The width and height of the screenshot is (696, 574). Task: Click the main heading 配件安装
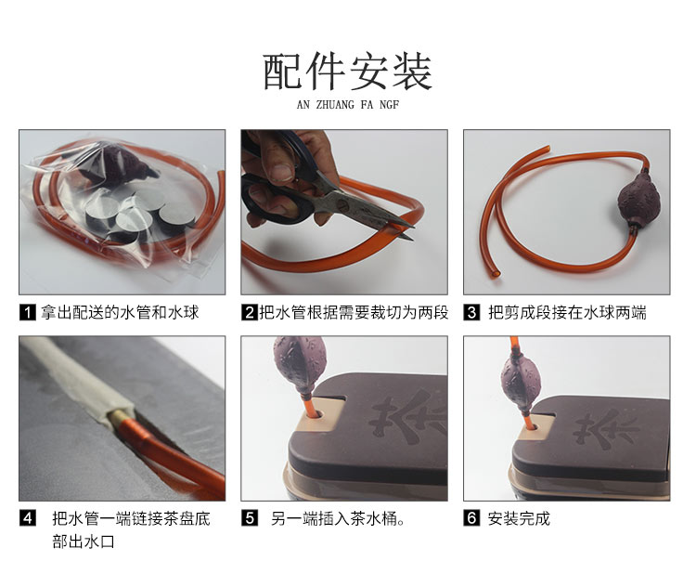pos(348,72)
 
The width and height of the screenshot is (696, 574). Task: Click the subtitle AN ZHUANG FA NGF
pos(348,105)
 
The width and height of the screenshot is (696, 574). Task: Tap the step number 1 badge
pos(28,312)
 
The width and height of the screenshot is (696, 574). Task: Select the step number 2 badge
pos(250,312)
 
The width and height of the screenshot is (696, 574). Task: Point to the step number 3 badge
pos(471,312)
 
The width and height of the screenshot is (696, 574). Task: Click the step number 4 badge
pos(28,518)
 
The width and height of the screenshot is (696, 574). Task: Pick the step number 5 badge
pos(250,518)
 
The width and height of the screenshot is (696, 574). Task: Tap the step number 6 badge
pos(471,518)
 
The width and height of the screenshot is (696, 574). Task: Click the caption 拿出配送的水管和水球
pos(120,312)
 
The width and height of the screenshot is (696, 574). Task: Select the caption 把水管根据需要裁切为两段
pos(354,312)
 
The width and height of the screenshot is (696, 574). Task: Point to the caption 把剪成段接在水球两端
pos(567,312)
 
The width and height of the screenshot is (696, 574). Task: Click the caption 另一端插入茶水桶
pos(338,518)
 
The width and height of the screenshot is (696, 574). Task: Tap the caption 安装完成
pos(519,518)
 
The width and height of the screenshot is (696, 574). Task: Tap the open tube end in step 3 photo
pos(496,274)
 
